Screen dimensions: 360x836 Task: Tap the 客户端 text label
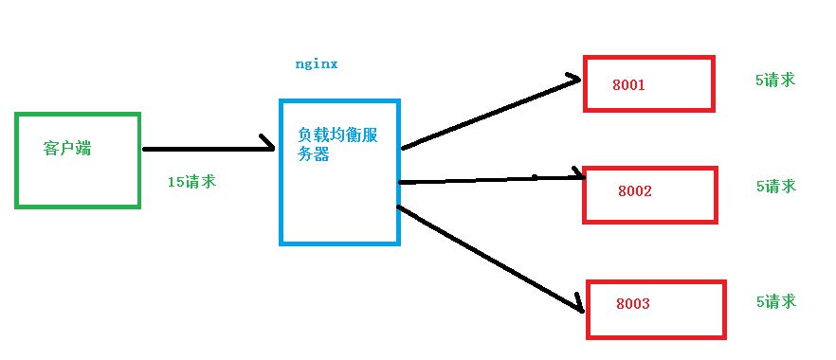point(68,149)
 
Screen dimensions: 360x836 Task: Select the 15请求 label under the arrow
point(191,181)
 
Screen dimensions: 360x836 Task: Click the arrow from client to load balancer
point(204,149)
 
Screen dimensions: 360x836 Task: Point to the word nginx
point(317,65)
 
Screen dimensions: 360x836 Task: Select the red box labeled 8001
point(647,83)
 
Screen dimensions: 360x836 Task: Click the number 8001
point(628,85)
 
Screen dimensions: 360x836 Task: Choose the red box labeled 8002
point(649,194)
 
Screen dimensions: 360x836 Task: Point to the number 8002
point(634,191)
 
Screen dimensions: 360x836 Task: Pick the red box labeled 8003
point(656,309)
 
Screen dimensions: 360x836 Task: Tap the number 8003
point(632,304)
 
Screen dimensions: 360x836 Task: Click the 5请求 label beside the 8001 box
point(774,81)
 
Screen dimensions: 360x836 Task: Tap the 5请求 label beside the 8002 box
point(775,187)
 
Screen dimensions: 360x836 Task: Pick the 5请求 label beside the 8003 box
point(775,302)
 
